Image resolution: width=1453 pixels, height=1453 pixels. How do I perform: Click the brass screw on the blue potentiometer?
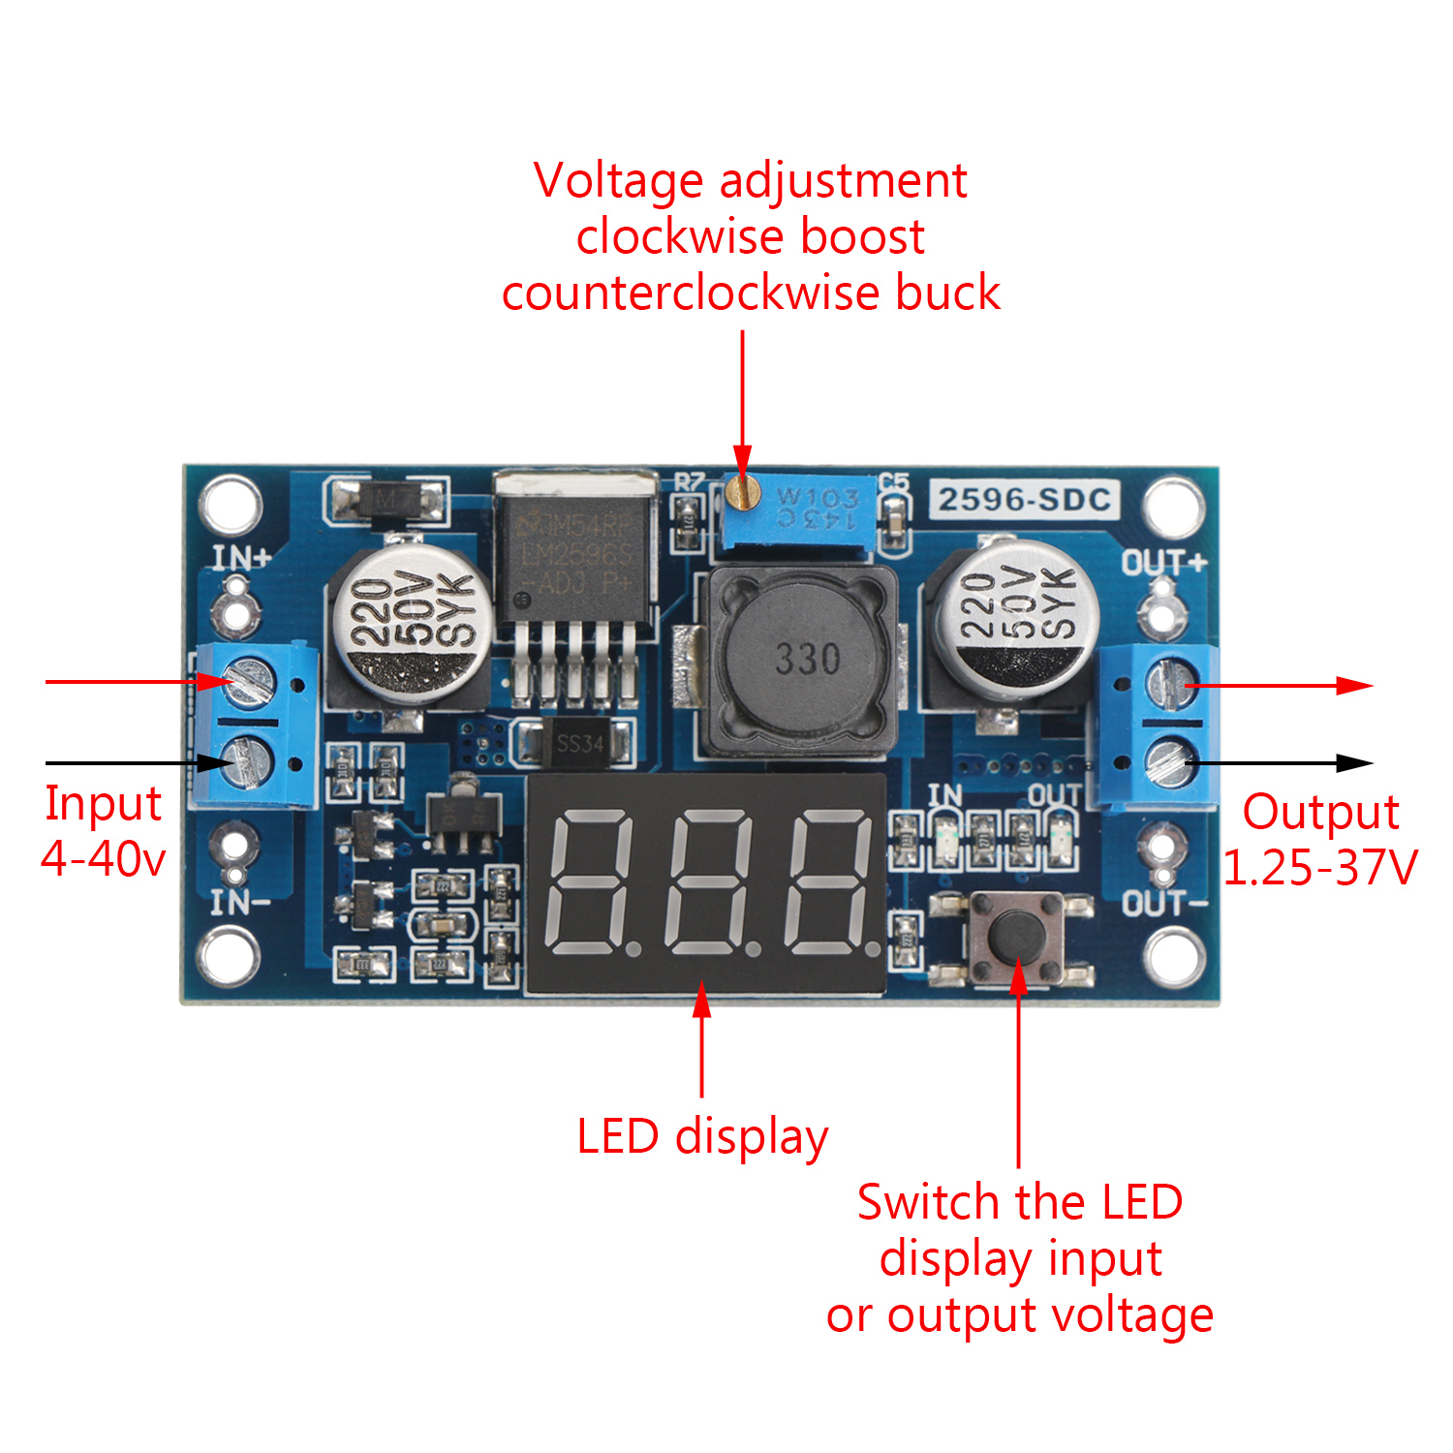tap(742, 494)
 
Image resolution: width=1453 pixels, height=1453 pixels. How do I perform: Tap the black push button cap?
tap(1016, 935)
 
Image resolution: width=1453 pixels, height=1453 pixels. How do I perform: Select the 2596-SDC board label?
tap(1024, 500)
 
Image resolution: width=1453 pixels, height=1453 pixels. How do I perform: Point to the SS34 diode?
tap(578, 743)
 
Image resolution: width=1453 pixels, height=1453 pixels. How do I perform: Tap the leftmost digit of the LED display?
tap(590, 882)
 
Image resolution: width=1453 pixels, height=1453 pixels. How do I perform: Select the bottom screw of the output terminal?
tap(1169, 761)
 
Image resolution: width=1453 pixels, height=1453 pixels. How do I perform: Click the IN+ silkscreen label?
tap(241, 558)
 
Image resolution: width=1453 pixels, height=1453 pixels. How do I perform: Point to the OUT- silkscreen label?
tap(1164, 904)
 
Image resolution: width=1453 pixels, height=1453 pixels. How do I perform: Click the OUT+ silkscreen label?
tap(1163, 563)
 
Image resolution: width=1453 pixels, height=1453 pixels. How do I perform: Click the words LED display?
tap(702, 1136)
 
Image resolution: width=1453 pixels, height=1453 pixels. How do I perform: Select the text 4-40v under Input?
tap(104, 858)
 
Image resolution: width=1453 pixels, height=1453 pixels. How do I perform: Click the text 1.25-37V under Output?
tap(1320, 867)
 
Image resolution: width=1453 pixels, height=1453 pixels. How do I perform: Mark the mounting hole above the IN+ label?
tap(231, 504)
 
